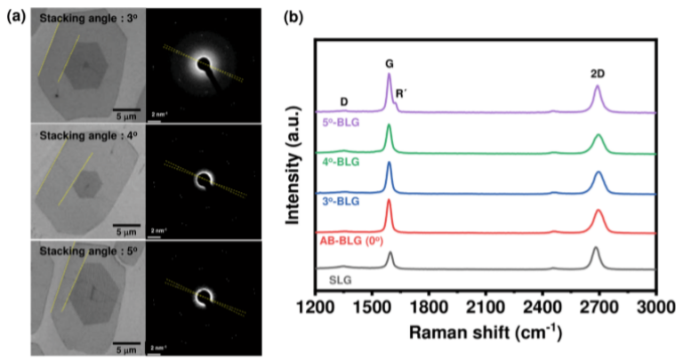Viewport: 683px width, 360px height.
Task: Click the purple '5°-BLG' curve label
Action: (338, 122)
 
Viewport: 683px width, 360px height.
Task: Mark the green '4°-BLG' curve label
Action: (338, 162)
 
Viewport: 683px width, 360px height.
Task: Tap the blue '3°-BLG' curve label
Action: (338, 203)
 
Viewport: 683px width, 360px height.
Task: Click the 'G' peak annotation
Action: (389, 63)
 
